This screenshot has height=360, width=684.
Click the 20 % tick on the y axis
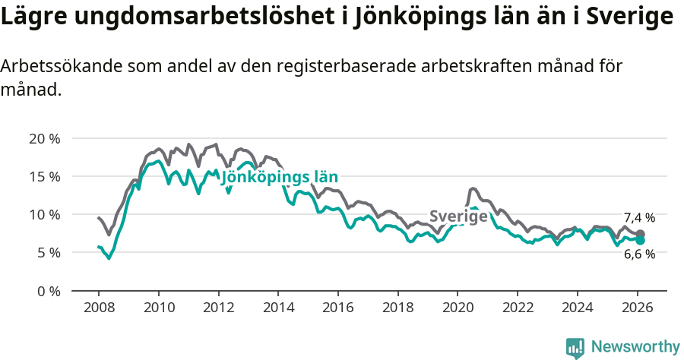(45, 138)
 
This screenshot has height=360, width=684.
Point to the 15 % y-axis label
(45, 176)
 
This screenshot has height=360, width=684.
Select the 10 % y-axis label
(45, 214)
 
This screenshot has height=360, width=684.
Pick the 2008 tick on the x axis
(99, 308)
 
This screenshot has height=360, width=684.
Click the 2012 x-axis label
(218, 308)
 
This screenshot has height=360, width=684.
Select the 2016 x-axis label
(337, 308)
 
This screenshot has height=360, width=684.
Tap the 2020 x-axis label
(458, 308)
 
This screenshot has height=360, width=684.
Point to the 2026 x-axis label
(637, 308)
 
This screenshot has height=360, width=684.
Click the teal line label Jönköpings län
(279, 178)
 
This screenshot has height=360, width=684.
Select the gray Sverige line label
(458, 216)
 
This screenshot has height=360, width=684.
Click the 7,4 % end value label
(639, 218)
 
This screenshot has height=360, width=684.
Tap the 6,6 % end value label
(639, 254)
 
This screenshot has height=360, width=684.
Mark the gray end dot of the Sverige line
(641, 234)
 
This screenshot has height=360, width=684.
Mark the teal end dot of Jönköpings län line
(641, 240)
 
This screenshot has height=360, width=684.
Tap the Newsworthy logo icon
(575, 347)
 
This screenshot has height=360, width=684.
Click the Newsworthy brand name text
(635, 347)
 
